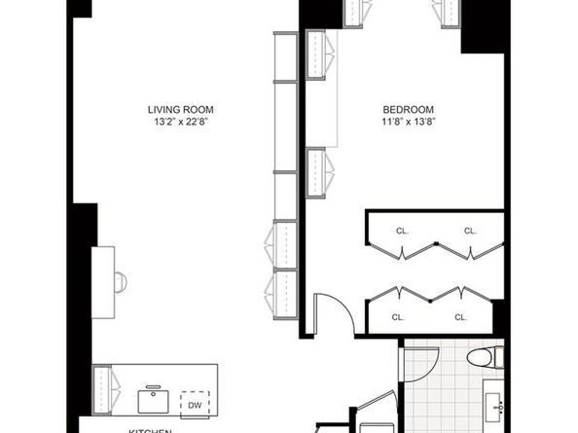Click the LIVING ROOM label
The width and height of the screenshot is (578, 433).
180,109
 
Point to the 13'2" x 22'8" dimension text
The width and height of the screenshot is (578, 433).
180,122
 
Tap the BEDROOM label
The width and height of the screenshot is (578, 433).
408,109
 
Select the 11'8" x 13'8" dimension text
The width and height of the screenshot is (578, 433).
408,122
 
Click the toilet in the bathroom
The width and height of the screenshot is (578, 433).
482,359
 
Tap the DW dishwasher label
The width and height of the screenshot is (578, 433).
195,405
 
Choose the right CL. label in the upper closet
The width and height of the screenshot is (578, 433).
470,231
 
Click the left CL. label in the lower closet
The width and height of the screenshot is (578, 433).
398,317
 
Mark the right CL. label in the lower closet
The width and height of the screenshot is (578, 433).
459,317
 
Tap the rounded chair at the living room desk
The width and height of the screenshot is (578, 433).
120,282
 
